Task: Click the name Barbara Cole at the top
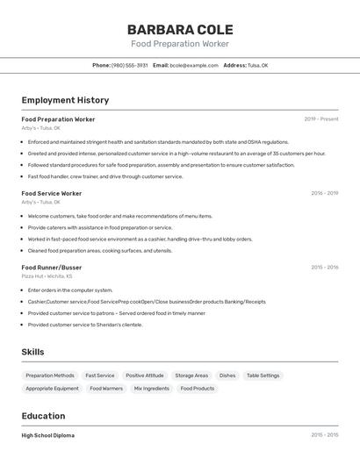[x=180, y=29]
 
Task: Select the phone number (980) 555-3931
[x=130, y=66]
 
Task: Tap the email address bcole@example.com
[x=193, y=66]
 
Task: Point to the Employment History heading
[x=65, y=101]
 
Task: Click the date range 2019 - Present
[x=320, y=119]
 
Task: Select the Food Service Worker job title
[x=52, y=193]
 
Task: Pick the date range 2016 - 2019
[x=324, y=193]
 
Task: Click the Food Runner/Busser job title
[x=52, y=268]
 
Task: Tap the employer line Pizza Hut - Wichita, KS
[x=47, y=276]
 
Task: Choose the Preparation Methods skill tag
[x=50, y=376]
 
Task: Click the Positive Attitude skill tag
[x=144, y=376]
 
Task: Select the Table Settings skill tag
[x=263, y=376]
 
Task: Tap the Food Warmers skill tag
[x=106, y=389]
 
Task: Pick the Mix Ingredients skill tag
[x=151, y=389]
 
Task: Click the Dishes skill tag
[x=227, y=376]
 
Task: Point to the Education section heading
[x=43, y=416]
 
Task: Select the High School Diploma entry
[x=48, y=435]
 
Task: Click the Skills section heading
[x=32, y=352]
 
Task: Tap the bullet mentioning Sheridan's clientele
[x=84, y=325]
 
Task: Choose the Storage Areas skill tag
[x=191, y=376]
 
